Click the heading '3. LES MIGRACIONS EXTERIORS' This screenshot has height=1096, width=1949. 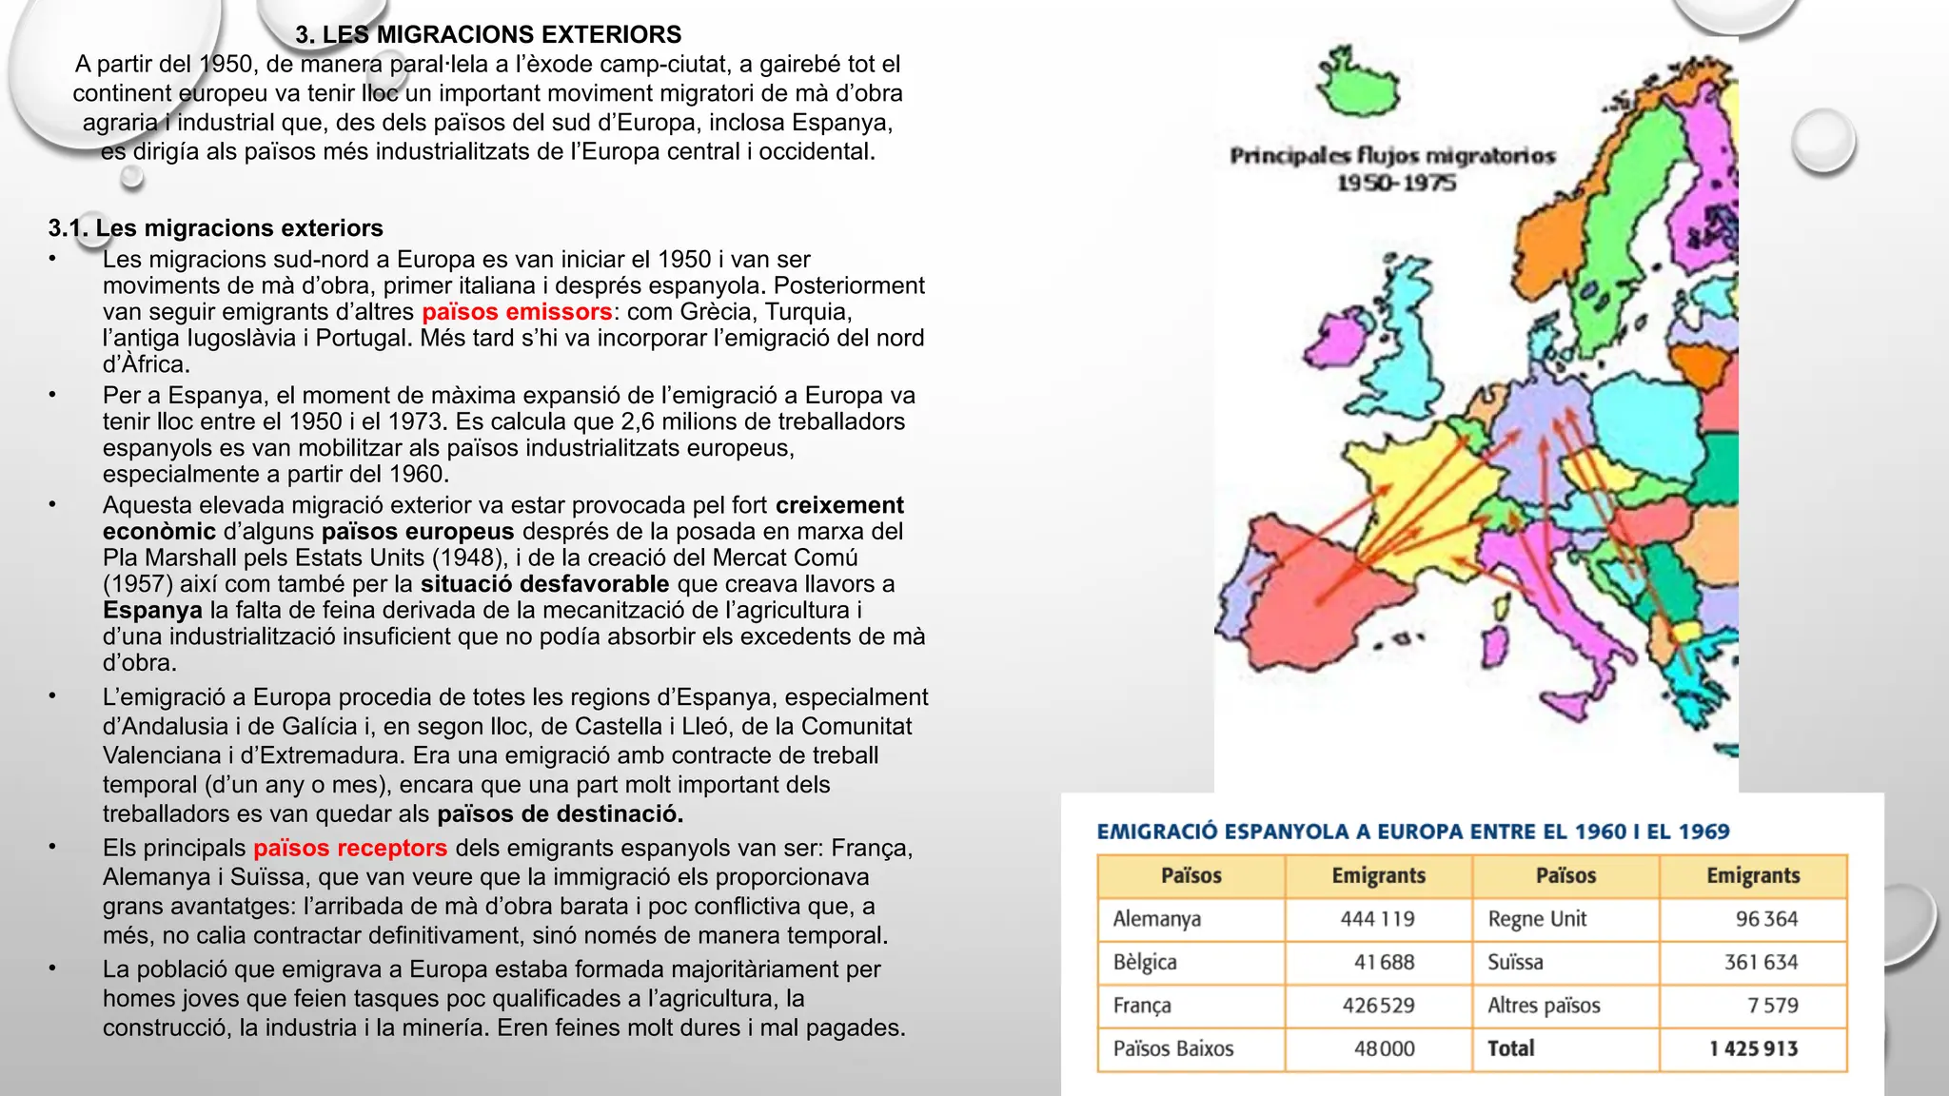click(488, 35)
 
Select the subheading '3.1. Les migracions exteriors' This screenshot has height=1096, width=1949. click(215, 228)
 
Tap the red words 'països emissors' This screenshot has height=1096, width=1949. click(517, 312)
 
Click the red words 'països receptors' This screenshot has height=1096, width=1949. click(350, 848)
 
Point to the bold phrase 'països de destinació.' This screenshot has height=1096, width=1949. click(560, 814)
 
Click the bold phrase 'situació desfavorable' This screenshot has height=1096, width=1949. click(544, 584)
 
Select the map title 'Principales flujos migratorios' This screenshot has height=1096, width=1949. click(1391, 156)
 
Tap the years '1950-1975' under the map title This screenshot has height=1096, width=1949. click(1396, 183)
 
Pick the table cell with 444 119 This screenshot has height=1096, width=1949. click(1377, 919)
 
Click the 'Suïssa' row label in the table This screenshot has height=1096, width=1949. click(1515, 962)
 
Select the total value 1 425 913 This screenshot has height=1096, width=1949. click(1753, 1048)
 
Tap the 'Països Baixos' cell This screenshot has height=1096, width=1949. click(1172, 1048)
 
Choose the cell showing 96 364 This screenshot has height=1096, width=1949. click(1766, 919)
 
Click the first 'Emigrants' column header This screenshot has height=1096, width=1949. click(1378, 875)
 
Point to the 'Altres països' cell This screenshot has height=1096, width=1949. click(1544, 1006)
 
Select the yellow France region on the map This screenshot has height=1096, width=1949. click(1408, 495)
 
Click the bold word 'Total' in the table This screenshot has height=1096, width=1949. click(1510, 1048)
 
